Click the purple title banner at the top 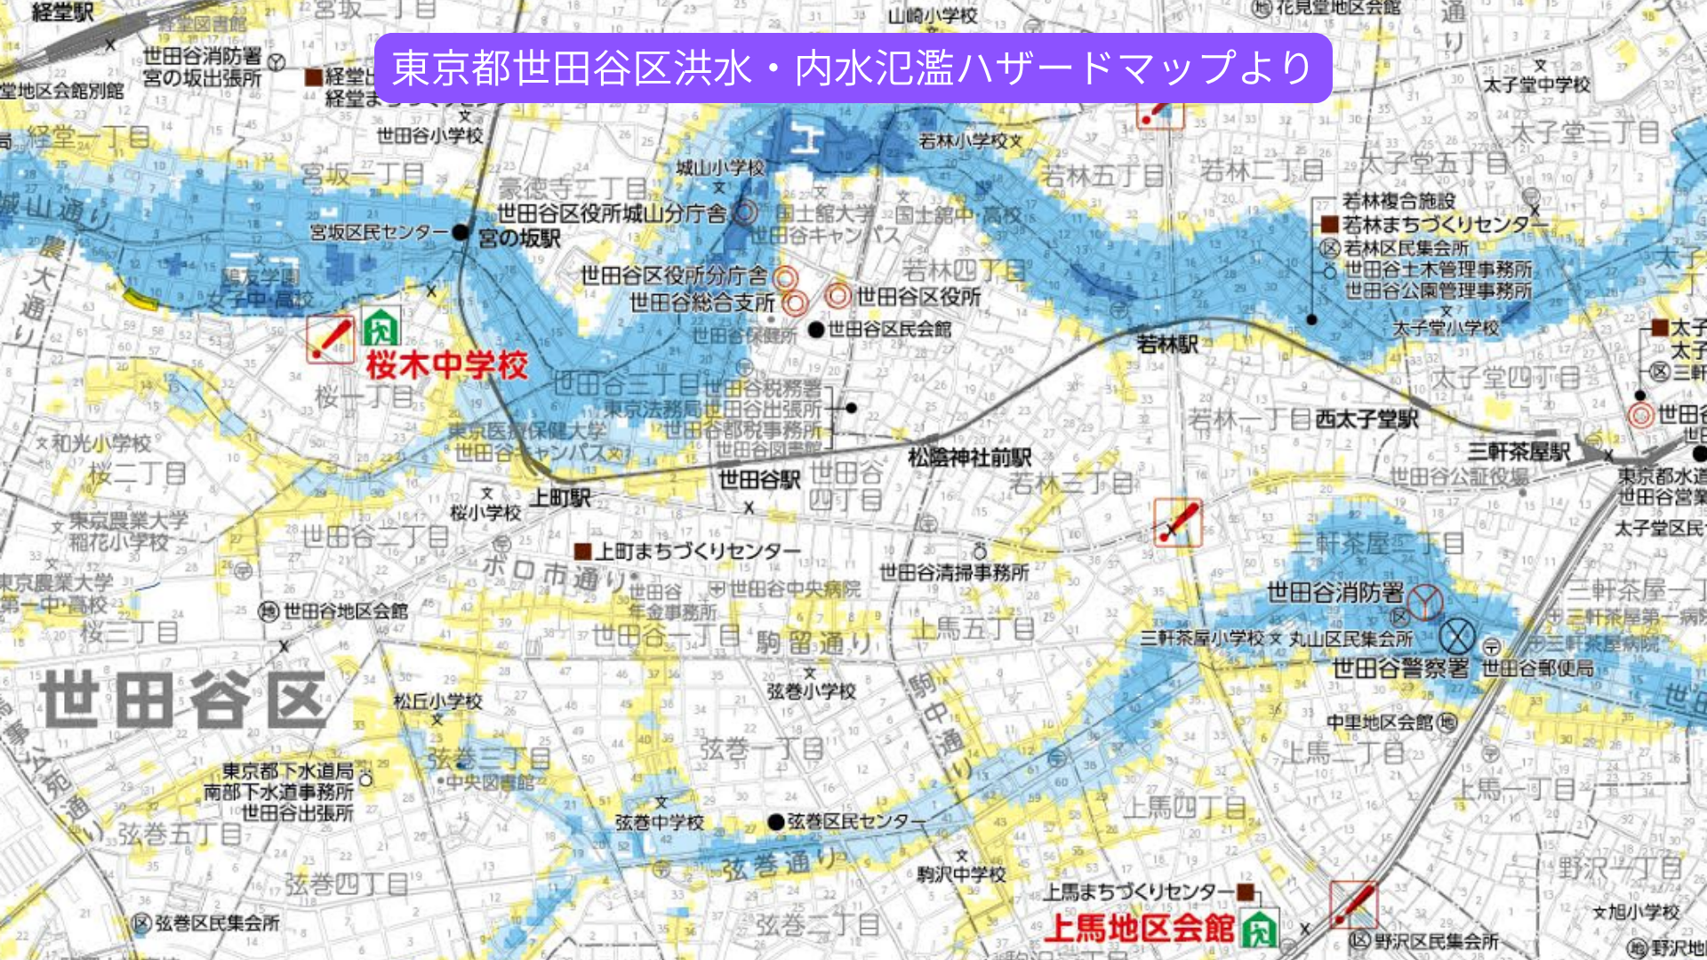[853, 68]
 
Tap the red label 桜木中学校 [447, 364]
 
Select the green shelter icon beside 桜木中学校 [381, 328]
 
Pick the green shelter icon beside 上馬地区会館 [1259, 930]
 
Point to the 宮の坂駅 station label [519, 238]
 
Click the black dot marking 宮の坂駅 [460, 233]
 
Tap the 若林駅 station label [1167, 344]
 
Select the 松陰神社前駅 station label [969, 458]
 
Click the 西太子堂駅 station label [1366, 419]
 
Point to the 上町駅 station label [560, 498]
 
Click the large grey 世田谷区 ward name [182, 700]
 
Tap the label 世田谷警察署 [1400, 668]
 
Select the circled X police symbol [1456, 636]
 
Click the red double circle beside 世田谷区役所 [837, 295]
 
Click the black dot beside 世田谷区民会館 [816, 330]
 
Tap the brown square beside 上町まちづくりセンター [582, 552]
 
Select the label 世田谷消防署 [1334, 592]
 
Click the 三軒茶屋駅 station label [1519, 452]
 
